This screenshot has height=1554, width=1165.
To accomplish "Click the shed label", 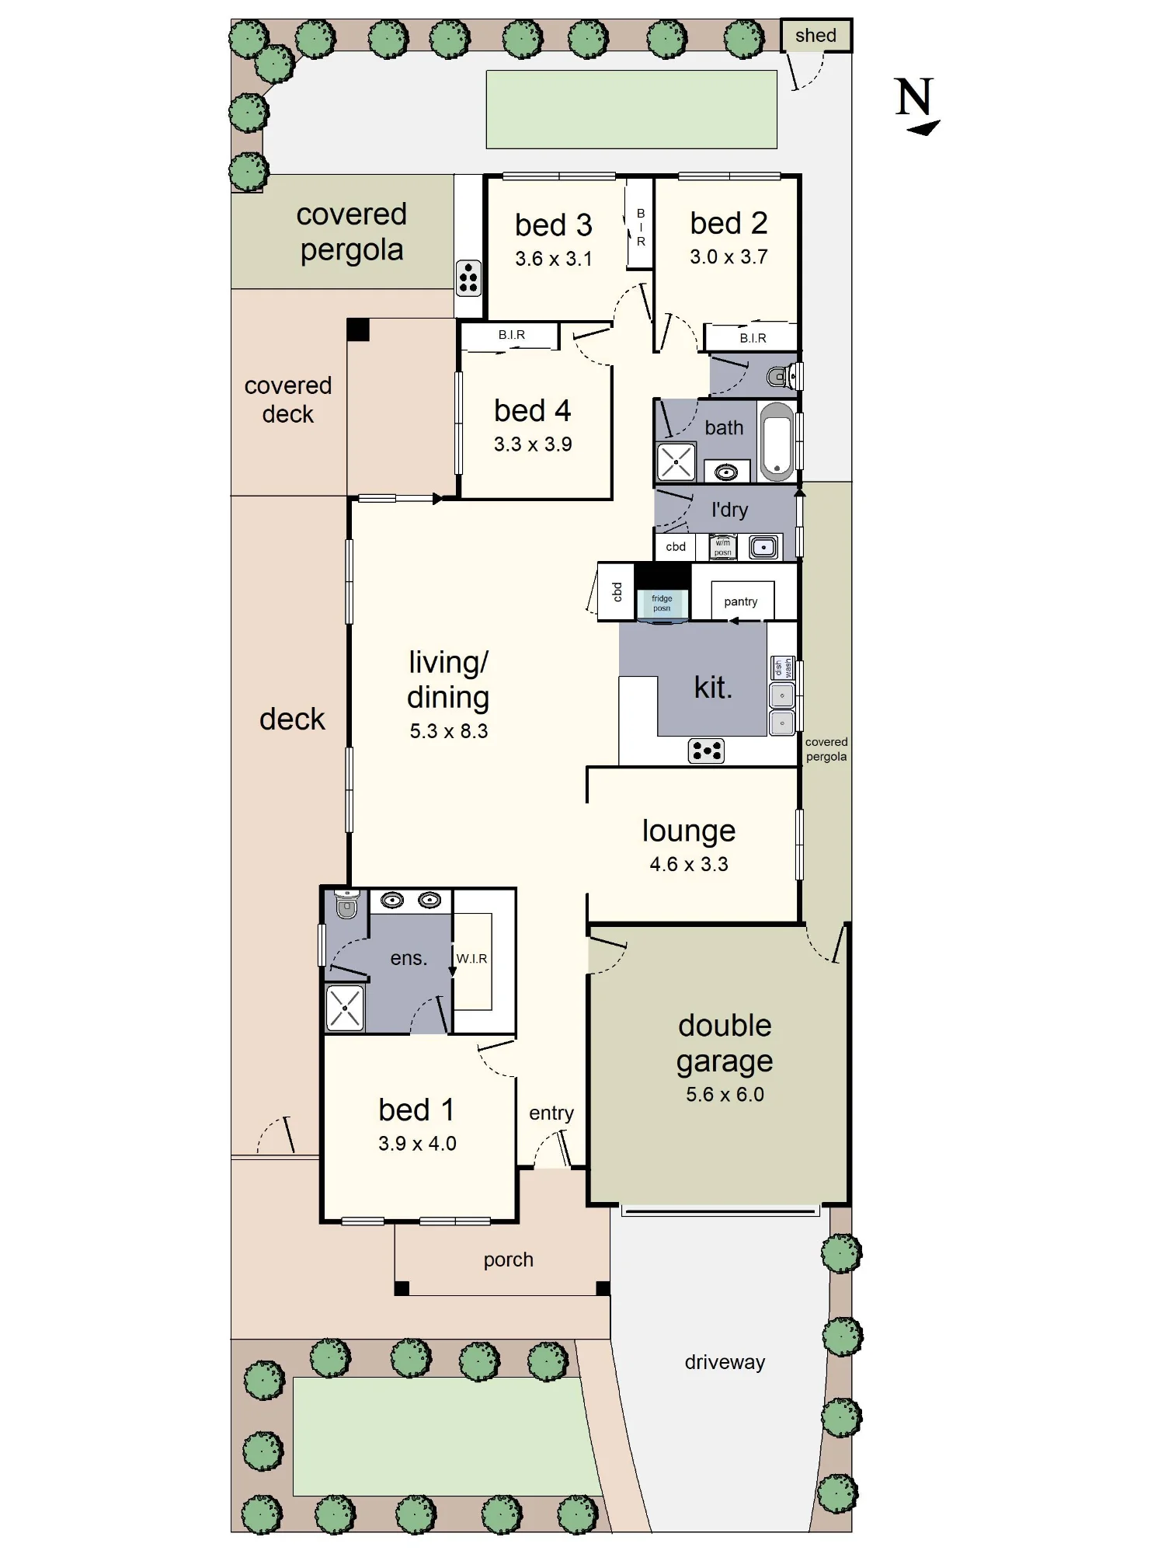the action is (x=815, y=36).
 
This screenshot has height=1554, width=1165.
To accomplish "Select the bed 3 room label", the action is (x=554, y=225).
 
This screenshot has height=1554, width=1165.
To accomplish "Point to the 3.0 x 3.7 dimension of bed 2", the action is (x=729, y=257).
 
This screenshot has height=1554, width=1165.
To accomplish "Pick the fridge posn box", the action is (x=662, y=604).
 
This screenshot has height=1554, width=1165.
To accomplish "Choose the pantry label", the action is (x=740, y=601).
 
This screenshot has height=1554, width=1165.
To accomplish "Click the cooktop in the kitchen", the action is (x=706, y=751).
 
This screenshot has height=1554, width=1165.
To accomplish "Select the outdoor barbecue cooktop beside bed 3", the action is (x=468, y=278).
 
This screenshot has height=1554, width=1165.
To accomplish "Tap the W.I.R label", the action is (x=471, y=959).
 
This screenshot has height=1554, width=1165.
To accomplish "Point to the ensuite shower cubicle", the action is (x=345, y=1008).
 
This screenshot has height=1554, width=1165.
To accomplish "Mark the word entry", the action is (x=551, y=1113).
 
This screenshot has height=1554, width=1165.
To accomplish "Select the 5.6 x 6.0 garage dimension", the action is (x=725, y=1094).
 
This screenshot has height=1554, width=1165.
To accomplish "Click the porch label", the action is (x=508, y=1260).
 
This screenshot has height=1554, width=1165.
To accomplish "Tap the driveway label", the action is (x=725, y=1362).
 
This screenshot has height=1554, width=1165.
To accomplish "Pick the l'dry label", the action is (x=729, y=510).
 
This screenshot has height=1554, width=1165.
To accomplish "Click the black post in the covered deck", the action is (x=358, y=329).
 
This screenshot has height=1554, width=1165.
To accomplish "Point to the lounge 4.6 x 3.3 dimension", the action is (x=689, y=864).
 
